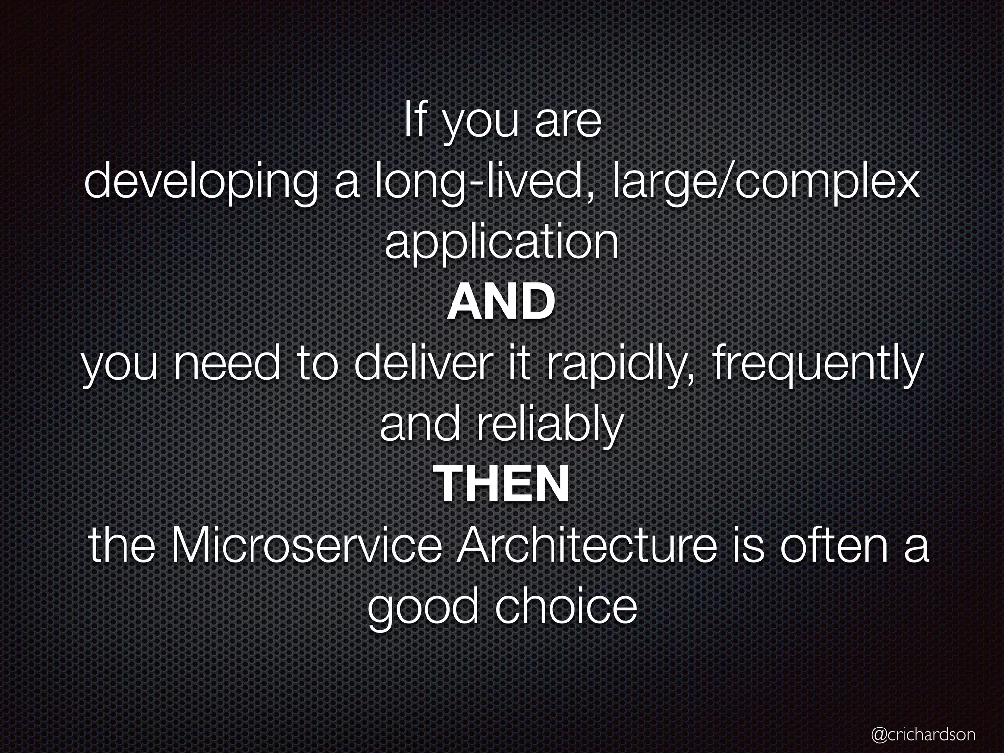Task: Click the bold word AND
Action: coord(501,302)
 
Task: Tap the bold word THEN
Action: coord(502,484)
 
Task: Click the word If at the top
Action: coord(413,123)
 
